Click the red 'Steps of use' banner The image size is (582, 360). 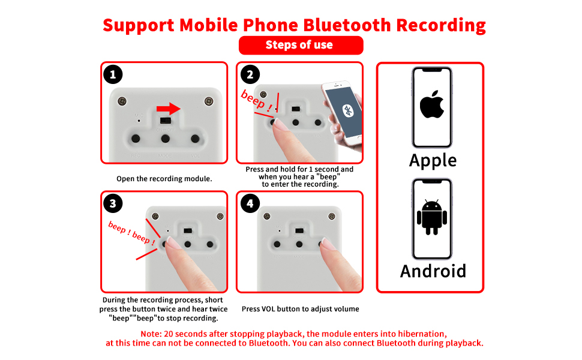[x=301, y=45]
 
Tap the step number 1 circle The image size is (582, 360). [x=113, y=74]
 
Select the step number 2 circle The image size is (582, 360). [x=250, y=74]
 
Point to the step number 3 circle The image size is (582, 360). [x=113, y=203]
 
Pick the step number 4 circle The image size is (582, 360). [x=250, y=203]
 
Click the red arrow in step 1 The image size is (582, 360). [x=169, y=109]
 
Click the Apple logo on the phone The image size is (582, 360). [x=432, y=106]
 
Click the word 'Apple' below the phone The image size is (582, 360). [x=433, y=160]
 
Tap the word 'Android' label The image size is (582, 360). [x=433, y=271]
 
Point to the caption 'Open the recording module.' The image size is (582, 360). [x=164, y=179]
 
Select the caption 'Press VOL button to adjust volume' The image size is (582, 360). [x=300, y=309]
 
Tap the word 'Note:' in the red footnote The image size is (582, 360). [x=152, y=334]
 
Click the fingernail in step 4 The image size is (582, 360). [x=328, y=243]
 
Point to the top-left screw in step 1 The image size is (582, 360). [x=122, y=101]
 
